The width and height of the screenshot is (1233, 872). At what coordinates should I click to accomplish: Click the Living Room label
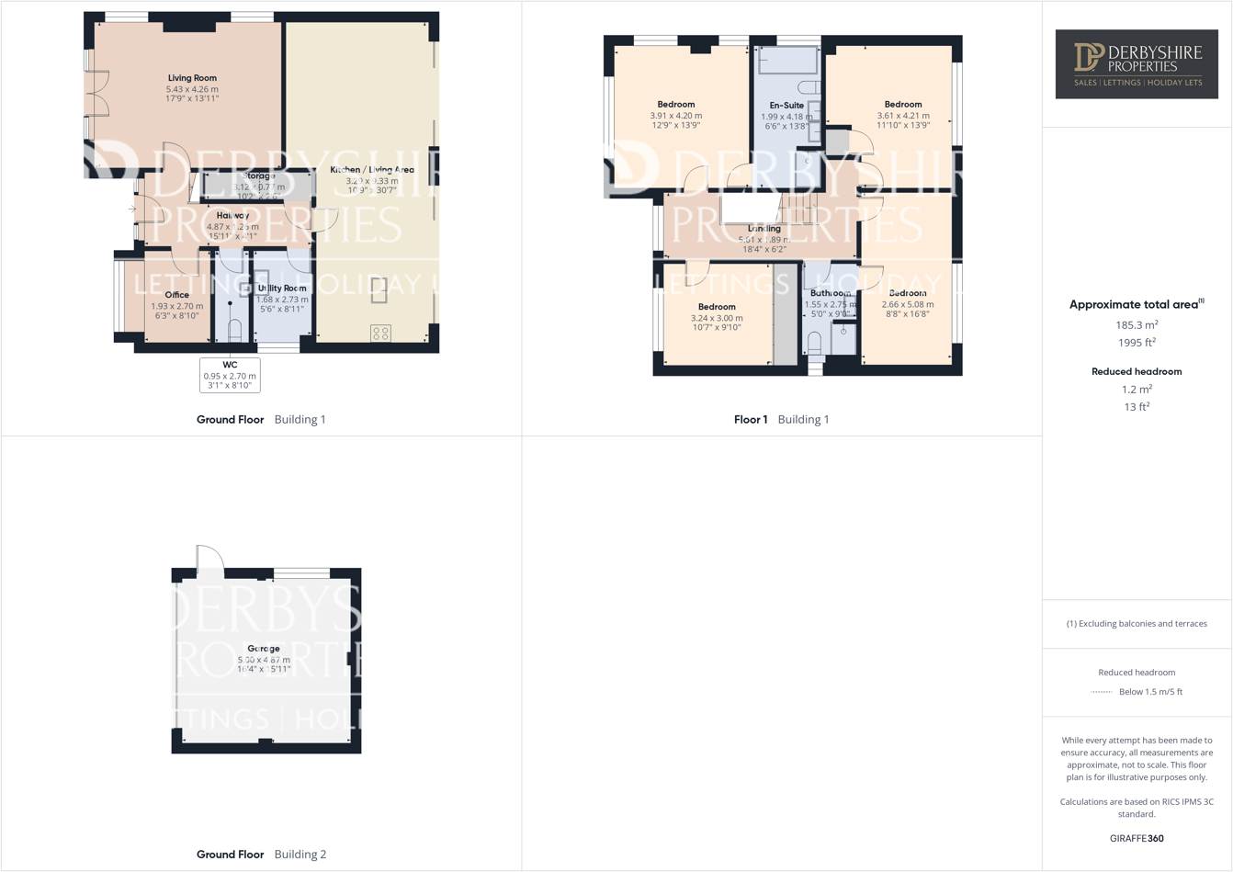(192, 78)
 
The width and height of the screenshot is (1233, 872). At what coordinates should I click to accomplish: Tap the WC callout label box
(230, 375)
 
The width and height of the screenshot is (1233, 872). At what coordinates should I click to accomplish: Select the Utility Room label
(282, 289)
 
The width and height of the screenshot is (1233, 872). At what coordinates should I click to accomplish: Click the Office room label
(176, 295)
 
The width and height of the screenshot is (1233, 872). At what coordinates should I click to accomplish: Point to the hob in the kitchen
(380, 334)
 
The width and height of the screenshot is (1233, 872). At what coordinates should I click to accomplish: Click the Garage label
(264, 649)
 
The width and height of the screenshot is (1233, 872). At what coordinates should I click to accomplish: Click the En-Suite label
(786, 106)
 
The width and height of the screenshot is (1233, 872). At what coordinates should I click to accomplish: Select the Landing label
(764, 229)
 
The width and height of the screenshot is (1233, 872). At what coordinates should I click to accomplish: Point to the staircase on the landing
(798, 209)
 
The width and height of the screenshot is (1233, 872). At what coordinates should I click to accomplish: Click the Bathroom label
(830, 293)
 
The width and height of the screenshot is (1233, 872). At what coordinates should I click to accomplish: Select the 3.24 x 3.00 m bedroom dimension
(717, 318)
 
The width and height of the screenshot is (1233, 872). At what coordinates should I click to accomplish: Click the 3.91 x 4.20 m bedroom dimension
(675, 116)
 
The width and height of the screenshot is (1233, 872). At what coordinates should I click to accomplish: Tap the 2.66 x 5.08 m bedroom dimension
(907, 304)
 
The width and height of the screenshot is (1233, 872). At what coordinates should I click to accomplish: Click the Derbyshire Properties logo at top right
(1137, 63)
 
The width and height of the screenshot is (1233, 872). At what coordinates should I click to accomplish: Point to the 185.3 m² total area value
(1137, 325)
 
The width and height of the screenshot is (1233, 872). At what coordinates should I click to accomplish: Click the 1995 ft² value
(1137, 343)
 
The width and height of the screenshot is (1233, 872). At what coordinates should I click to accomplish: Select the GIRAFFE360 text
(1137, 838)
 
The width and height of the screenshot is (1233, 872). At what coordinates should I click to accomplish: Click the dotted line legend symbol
(1101, 692)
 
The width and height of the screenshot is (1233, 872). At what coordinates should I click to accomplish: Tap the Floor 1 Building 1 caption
(781, 419)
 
